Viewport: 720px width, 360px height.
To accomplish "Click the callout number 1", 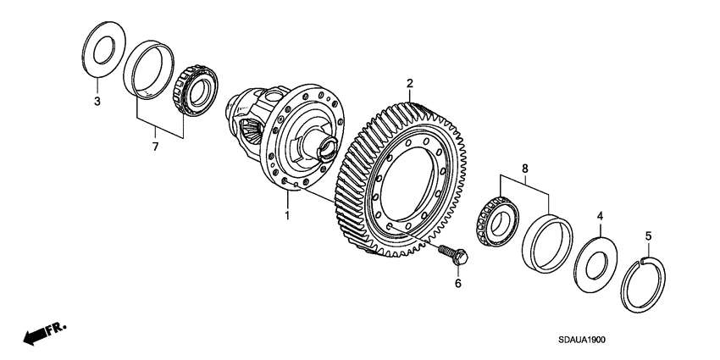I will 287,217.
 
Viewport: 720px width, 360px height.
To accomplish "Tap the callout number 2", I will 409,83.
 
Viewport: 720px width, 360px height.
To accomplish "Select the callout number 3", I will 97,102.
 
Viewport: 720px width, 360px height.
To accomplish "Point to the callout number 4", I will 600,218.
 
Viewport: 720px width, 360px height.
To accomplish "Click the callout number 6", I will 457,283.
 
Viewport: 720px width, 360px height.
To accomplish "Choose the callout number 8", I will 525,169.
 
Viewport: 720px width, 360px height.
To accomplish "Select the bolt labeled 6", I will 448,252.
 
